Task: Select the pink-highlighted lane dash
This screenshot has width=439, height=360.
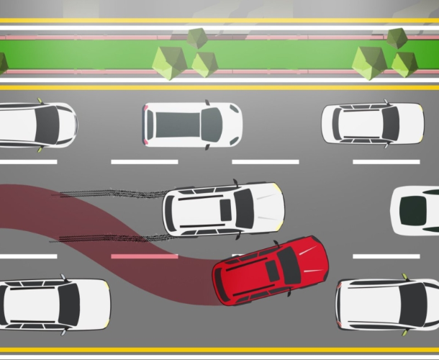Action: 144,256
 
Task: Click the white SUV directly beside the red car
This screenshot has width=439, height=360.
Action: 223,210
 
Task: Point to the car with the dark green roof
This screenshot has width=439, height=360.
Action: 415,210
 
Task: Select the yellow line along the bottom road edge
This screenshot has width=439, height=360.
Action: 216,351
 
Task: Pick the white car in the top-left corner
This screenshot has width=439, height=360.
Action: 36,125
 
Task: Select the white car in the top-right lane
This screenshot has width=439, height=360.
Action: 372,123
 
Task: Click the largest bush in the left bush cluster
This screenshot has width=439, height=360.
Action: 170,63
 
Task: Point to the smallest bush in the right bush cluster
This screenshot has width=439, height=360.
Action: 397,38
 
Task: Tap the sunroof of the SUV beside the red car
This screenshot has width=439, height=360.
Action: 226,210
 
